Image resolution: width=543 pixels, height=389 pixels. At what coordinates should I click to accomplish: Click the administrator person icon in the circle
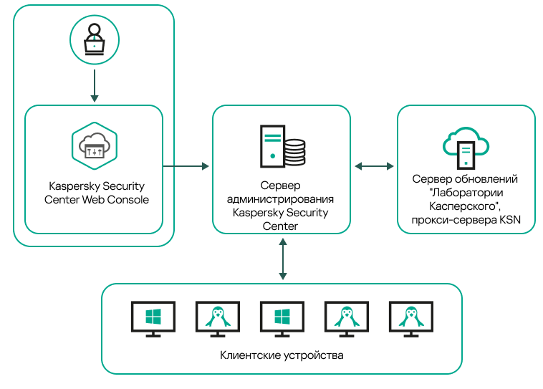(x=94, y=40)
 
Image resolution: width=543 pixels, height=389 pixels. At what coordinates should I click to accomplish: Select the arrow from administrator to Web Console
(x=94, y=85)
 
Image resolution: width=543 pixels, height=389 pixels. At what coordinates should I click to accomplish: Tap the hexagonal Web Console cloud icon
(x=94, y=145)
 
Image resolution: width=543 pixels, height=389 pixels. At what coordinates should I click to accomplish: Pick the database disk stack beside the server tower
(x=294, y=151)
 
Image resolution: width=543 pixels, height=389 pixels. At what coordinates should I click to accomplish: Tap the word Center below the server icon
(x=281, y=226)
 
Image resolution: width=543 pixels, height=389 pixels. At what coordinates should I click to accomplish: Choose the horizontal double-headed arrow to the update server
(x=374, y=166)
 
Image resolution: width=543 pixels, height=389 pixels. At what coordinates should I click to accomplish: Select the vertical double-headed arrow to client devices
(x=282, y=259)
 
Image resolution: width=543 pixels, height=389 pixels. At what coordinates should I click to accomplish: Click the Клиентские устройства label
(x=282, y=355)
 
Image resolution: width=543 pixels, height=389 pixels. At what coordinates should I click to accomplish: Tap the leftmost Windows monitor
(x=153, y=318)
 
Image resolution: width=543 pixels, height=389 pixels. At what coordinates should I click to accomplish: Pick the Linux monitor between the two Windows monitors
(x=217, y=318)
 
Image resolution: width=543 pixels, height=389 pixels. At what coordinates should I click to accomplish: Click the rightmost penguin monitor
(x=410, y=318)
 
